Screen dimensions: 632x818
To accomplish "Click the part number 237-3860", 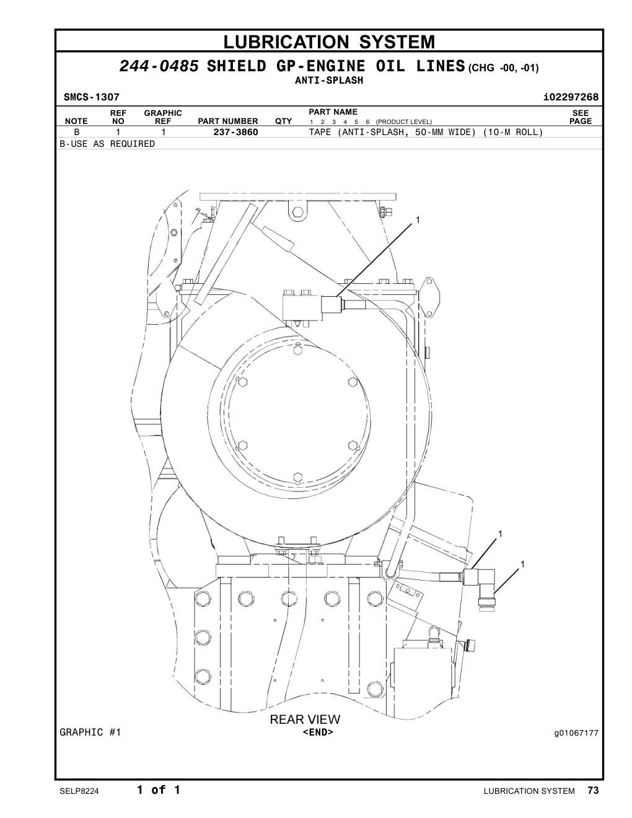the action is [235, 132].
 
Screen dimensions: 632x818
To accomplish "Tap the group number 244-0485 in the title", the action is [159, 66].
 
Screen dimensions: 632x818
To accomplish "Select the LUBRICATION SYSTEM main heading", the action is [329, 42].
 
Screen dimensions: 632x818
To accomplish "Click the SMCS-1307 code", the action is [92, 97].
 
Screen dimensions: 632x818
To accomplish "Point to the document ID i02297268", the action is [571, 97].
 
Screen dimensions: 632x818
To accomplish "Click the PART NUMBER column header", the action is [228, 121].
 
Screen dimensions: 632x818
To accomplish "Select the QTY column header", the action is [283, 121].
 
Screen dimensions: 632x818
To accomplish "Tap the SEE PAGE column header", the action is [581, 117].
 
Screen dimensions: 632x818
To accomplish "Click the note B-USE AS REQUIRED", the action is [107, 144].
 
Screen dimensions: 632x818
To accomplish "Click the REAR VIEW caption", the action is [305, 719].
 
